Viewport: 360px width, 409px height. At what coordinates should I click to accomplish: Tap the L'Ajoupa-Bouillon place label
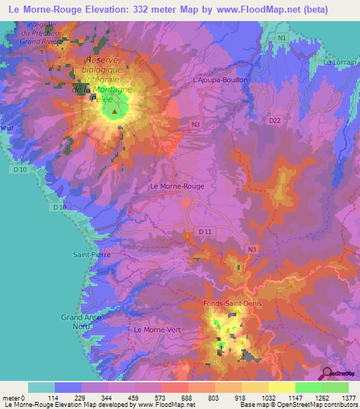[220, 80]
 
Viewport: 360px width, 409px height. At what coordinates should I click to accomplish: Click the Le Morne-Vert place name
[158, 330]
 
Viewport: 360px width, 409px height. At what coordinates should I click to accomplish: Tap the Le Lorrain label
[337, 63]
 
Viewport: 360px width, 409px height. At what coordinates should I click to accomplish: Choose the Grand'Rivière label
[42, 41]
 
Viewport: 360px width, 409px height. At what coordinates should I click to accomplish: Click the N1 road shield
[281, 37]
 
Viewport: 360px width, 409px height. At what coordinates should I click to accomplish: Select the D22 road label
[275, 121]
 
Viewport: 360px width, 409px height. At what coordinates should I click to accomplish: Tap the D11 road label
[205, 231]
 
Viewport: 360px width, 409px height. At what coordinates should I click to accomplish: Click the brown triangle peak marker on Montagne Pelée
[115, 111]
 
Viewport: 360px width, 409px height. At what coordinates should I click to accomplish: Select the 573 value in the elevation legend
[161, 397]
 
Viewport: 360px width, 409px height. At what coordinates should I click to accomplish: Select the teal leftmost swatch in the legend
[41, 387]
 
